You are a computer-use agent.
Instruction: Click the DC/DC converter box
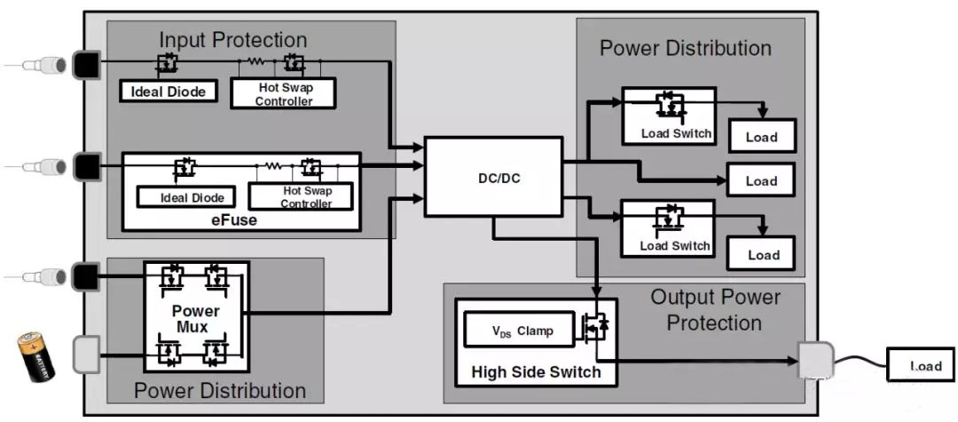pyautogui.click(x=493, y=177)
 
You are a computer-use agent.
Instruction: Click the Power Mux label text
pyautogui.click(x=196, y=319)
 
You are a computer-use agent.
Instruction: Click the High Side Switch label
pyautogui.click(x=535, y=371)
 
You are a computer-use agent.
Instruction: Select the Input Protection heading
pyautogui.click(x=232, y=40)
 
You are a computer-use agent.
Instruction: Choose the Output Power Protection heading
pyautogui.click(x=714, y=309)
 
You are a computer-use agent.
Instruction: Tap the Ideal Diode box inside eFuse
pyautogui.click(x=185, y=196)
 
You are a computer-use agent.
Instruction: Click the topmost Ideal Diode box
pyautogui.click(x=169, y=91)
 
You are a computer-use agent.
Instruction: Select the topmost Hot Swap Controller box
pyautogui.click(x=284, y=94)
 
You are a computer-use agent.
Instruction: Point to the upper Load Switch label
pyautogui.click(x=676, y=134)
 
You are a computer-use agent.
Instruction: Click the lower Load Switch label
pyautogui.click(x=674, y=245)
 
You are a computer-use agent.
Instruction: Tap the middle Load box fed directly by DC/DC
pyautogui.click(x=761, y=180)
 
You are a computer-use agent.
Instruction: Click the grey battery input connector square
pyautogui.click(x=86, y=355)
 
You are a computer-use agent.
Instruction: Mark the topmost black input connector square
pyautogui.click(x=86, y=64)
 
